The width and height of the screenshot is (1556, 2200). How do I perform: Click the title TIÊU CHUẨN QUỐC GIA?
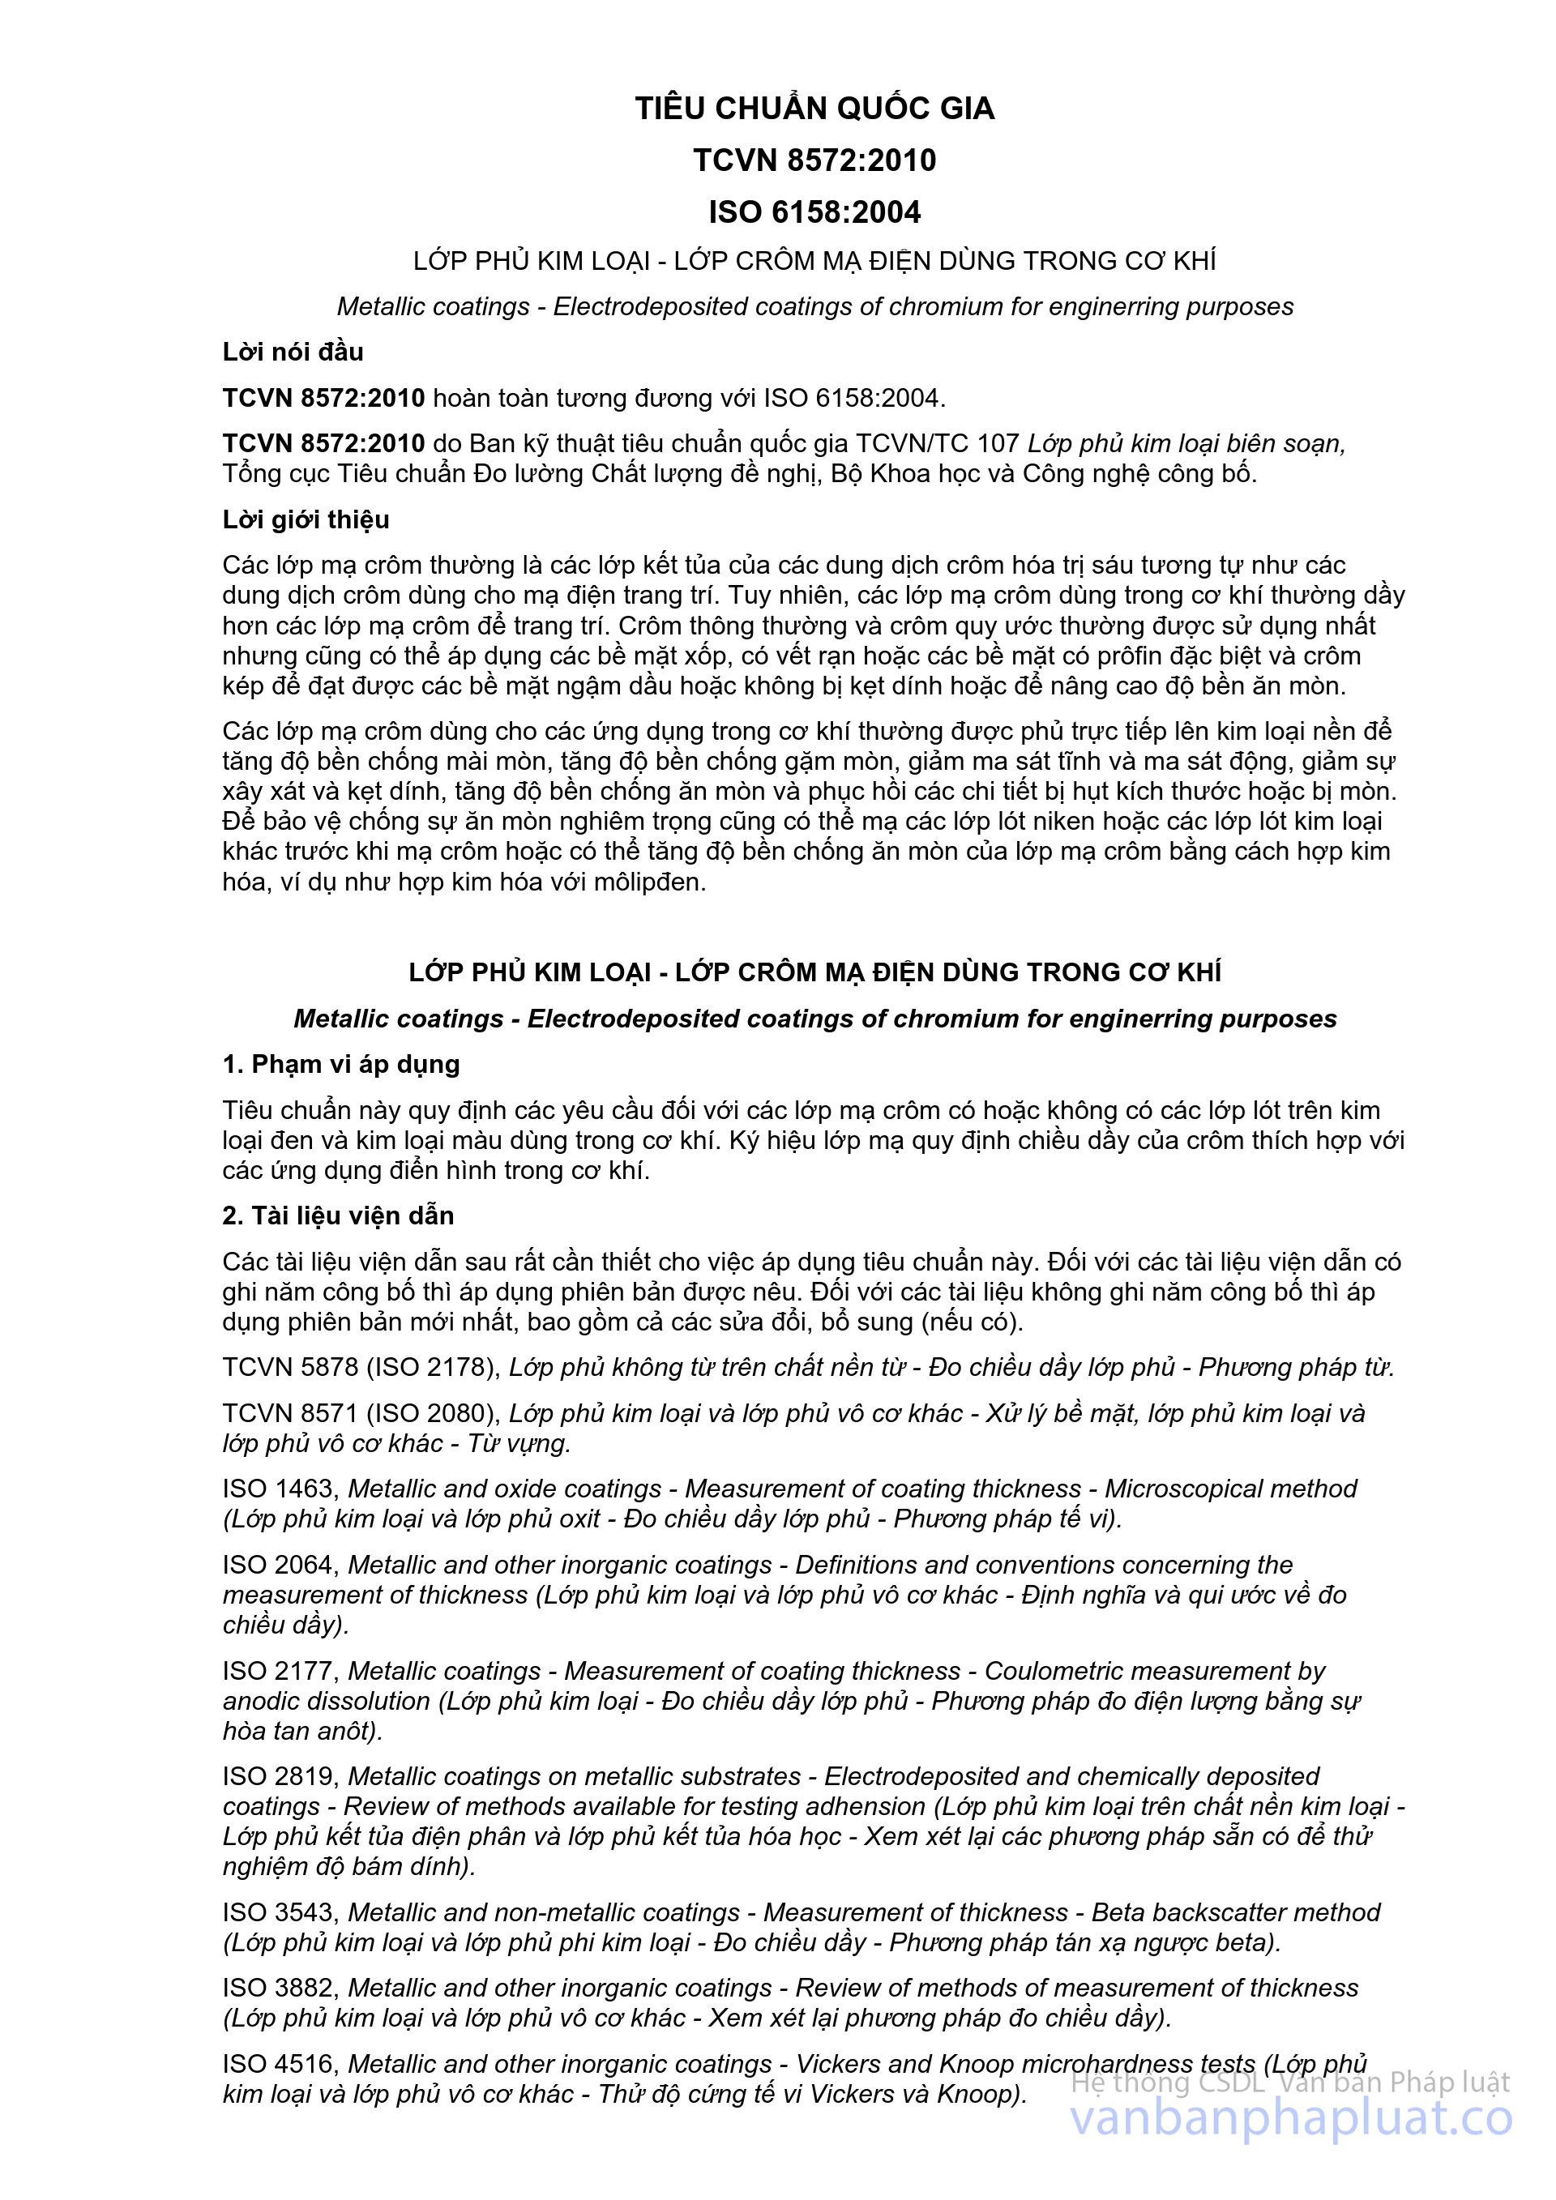click(x=814, y=109)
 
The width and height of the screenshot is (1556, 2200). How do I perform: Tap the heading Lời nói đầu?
click(x=293, y=352)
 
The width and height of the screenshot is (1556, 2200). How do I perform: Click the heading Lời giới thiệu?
click(x=306, y=519)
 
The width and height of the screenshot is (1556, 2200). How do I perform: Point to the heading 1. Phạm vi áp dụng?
click(x=341, y=1065)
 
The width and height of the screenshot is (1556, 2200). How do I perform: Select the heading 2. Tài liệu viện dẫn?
click(x=338, y=1216)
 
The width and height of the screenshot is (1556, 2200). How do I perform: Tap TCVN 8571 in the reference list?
click(x=289, y=1413)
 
